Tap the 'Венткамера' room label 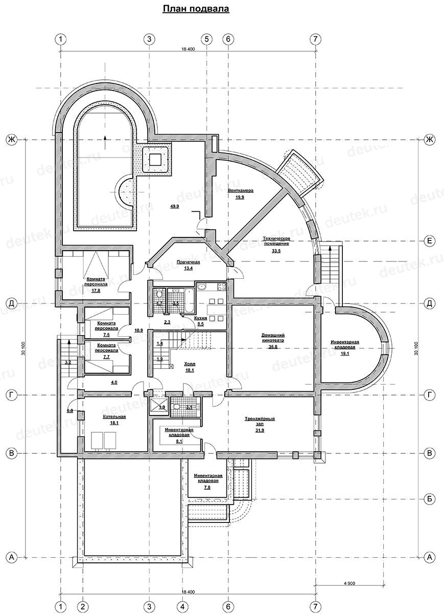click(x=241, y=190)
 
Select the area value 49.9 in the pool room click(x=174, y=206)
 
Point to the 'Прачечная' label click(x=189, y=262)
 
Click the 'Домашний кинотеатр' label click(x=273, y=338)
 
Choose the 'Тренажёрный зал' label click(x=260, y=421)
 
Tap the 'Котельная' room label click(x=114, y=416)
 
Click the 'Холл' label click(x=190, y=364)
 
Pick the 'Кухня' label click(x=200, y=318)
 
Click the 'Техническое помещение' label click(x=276, y=240)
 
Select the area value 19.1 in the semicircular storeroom click(x=345, y=354)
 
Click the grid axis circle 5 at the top click(x=206, y=39)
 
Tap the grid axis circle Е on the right click(x=430, y=240)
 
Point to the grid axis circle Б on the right click(x=430, y=499)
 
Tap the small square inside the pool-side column click(x=154, y=159)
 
